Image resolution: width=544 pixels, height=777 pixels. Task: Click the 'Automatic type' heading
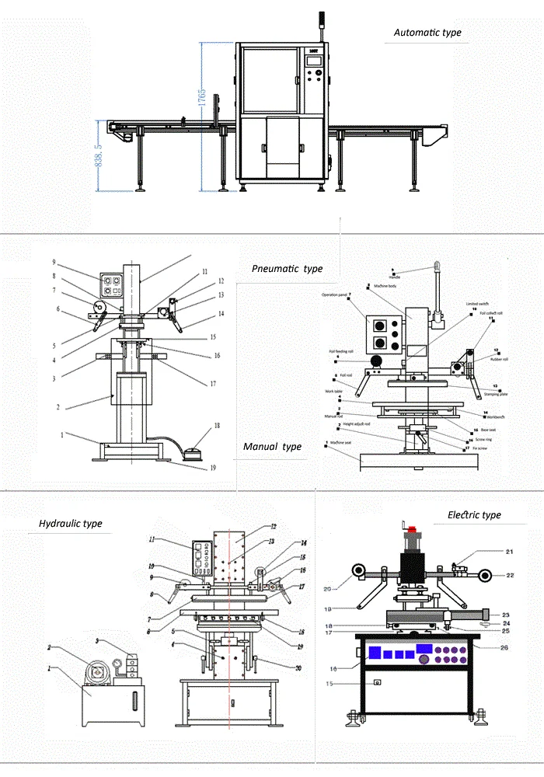click(x=427, y=33)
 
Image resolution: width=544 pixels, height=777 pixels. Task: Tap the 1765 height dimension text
click(x=201, y=100)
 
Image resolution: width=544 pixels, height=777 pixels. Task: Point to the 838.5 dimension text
click(x=99, y=155)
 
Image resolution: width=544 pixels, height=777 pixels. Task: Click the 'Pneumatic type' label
click(x=287, y=269)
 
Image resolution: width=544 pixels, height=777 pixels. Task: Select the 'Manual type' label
click(x=272, y=447)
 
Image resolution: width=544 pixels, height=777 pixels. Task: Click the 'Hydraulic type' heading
click(x=71, y=524)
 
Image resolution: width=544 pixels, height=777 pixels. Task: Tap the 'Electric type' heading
click(x=474, y=515)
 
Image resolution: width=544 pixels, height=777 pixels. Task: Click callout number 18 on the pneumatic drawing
click(x=218, y=426)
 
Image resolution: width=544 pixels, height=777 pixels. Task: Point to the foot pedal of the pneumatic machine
click(x=190, y=450)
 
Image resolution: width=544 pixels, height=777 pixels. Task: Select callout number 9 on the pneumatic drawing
click(x=54, y=262)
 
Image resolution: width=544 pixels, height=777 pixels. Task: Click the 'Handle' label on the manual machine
click(x=394, y=276)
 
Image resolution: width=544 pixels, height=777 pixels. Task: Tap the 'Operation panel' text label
click(x=334, y=294)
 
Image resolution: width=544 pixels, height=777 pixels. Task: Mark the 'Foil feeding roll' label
click(x=340, y=351)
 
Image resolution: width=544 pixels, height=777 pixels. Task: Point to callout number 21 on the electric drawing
click(x=488, y=552)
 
